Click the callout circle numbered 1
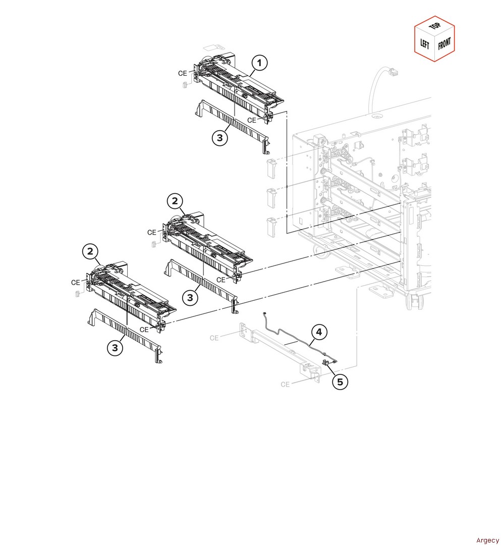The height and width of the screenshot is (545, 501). coord(259,63)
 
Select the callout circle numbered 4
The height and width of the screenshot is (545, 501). coord(319,332)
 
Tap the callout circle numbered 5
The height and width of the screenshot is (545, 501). coord(340,381)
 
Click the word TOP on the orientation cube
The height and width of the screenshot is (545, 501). coord(435,26)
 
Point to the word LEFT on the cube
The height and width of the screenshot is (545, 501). coord(425,44)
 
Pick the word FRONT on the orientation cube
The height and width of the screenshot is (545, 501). coord(444,43)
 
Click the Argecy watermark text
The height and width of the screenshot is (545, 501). coord(487,540)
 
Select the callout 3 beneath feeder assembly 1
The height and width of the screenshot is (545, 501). coord(220,138)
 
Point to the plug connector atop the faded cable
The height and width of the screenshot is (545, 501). coord(393,73)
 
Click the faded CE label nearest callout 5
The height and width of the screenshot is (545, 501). coord(285,384)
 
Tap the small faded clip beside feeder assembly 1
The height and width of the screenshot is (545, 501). coord(185,85)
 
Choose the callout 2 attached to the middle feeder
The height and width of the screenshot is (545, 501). coord(175,200)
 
